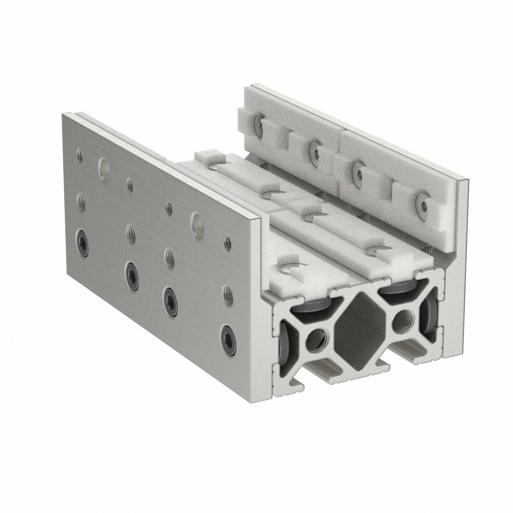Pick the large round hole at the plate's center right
coord(198,221)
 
